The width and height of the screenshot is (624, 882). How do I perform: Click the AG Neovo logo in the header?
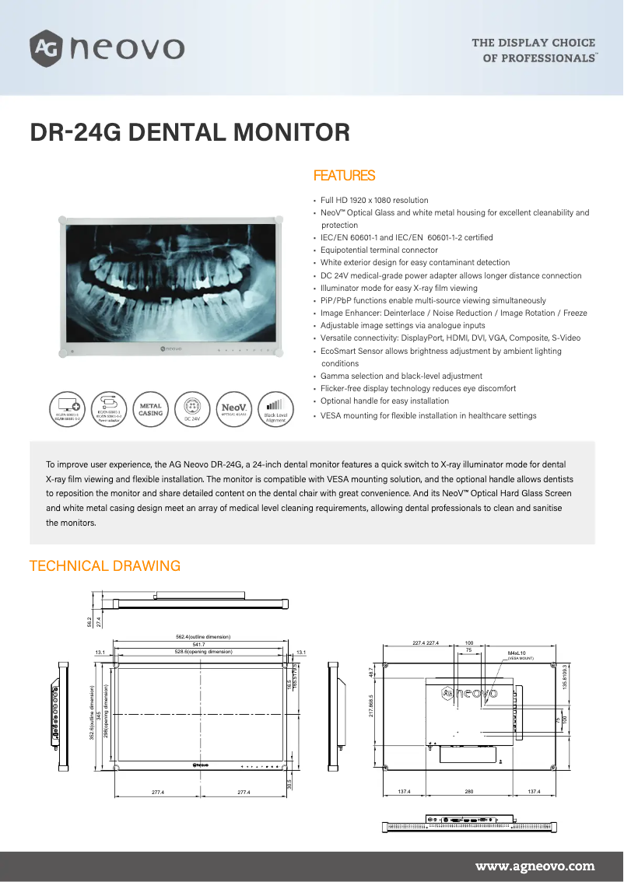point(107,48)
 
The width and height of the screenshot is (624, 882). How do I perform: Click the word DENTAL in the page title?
point(178,132)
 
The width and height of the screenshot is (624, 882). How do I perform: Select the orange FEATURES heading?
point(343,176)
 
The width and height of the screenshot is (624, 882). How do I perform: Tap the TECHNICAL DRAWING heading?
point(104,565)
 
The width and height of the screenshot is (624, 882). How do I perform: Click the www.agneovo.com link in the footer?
point(535,866)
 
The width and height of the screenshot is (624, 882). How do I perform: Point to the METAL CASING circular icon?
point(150,409)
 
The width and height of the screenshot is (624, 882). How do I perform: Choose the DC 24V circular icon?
point(192,409)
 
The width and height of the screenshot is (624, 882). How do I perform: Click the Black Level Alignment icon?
point(275,409)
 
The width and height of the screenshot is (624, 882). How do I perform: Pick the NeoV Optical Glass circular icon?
point(234,409)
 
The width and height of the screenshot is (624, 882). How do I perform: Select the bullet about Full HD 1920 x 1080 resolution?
point(374,200)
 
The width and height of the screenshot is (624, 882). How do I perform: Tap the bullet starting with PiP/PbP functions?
point(433,300)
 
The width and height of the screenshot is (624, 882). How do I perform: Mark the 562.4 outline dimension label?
point(203,637)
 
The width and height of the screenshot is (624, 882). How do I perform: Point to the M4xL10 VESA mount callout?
point(517,654)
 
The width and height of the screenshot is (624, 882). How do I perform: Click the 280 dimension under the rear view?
point(468,791)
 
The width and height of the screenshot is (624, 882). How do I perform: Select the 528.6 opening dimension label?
point(203,651)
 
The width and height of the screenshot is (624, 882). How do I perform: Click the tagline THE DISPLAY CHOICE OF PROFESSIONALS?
point(534,50)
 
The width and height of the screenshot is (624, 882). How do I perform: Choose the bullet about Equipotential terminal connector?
point(379,250)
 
